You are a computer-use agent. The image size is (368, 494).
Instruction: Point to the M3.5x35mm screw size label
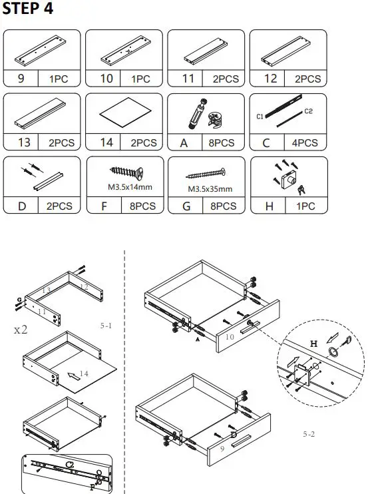(210, 189)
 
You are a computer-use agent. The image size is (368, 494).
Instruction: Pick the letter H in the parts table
(269, 206)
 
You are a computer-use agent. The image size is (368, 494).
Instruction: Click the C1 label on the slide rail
(260, 117)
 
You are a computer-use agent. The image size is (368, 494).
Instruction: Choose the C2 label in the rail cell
(308, 111)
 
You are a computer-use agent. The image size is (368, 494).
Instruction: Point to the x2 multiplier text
(19, 330)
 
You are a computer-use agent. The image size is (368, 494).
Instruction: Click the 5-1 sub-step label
(107, 327)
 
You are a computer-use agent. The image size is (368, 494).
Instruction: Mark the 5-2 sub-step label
(309, 433)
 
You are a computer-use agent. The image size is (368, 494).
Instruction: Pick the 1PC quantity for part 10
(140, 79)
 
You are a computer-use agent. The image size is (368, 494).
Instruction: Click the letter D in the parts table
(22, 206)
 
